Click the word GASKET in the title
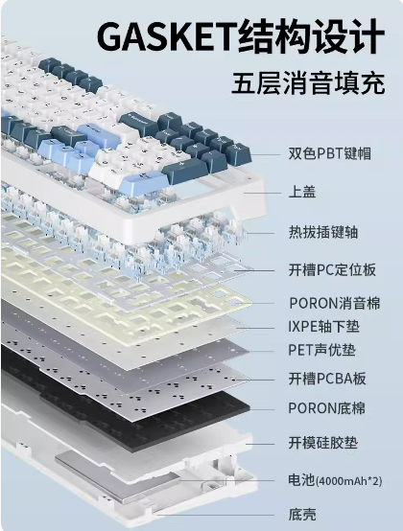click(167, 36)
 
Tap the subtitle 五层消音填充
click(308, 82)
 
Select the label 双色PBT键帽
click(330, 153)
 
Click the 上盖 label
click(302, 192)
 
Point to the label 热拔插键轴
click(323, 232)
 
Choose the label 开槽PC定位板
click(332, 270)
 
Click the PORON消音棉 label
click(335, 303)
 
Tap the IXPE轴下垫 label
click(323, 327)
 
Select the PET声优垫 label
click(321, 350)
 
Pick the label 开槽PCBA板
click(327, 379)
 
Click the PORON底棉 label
click(327, 408)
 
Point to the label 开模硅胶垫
click(323, 443)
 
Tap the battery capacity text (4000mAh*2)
click(348, 481)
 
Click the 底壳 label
click(302, 515)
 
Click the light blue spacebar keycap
click(144, 182)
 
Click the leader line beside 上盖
click(262, 193)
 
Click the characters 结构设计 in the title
click(312, 36)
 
